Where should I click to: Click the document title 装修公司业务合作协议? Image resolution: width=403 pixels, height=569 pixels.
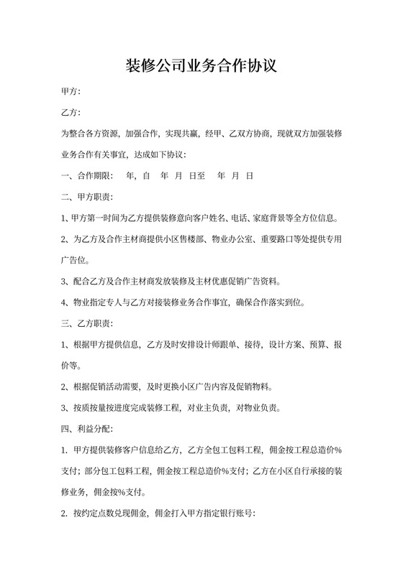point(201,66)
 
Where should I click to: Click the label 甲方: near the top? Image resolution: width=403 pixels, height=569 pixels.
point(71,93)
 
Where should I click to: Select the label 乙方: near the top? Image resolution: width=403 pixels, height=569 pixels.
point(71,114)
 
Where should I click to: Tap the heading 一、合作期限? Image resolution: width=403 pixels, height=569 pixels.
point(86,175)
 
